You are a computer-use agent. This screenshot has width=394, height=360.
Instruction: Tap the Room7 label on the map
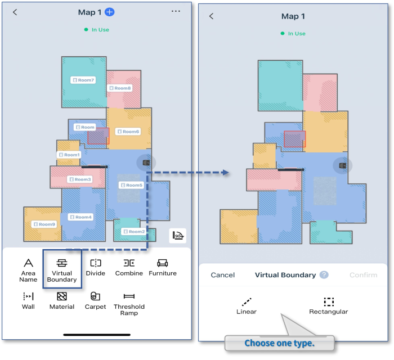[x=83, y=80]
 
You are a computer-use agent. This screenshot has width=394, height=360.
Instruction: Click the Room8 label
[x=120, y=88]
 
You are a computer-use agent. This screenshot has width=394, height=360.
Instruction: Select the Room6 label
[x=128, y=132]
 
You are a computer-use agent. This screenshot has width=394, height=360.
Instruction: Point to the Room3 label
[x=80, y=179]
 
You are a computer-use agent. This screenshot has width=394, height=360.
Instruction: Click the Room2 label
[x=133, y=231]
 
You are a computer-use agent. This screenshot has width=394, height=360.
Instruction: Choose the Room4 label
[x=80, y=217]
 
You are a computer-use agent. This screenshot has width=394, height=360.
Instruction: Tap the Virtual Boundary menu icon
[x=62, y=263]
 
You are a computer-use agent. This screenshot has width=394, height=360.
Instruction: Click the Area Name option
[x=28, y=269]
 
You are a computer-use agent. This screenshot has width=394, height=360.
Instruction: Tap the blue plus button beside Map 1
[x=110, y=12]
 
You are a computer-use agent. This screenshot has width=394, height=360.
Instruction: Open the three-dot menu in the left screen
[x=176, y=11]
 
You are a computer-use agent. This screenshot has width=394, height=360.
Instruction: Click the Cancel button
[x=222, y=275]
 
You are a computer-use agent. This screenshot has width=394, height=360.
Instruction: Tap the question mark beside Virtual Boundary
[x=324, y=275]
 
